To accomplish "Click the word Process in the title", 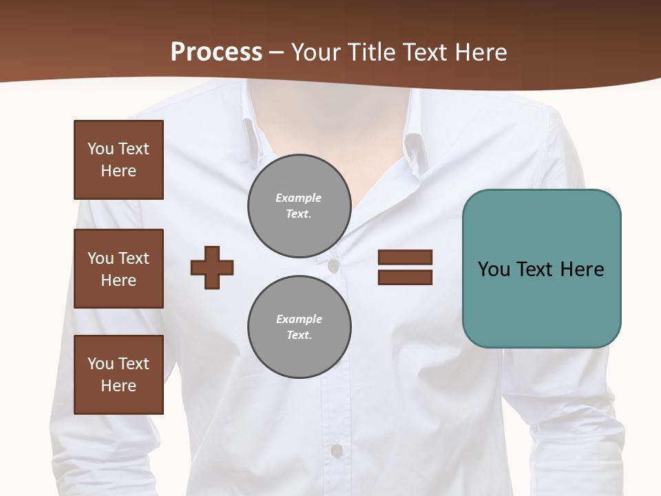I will point(216,52).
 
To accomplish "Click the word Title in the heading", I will point(372,52).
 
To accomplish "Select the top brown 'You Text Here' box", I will point(118,160).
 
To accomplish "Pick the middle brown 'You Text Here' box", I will point(118,269).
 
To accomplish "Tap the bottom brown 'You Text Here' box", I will point(118,375).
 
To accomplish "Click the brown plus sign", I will point(212,267).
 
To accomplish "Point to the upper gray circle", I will point(300,206).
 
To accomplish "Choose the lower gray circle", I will point(300,327).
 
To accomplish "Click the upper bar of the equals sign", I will point(405,258).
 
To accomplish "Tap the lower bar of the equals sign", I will point(405,277).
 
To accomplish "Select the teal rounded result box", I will point(541,269).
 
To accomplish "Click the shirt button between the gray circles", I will point(333,266).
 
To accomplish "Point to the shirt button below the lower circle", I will point(336,451).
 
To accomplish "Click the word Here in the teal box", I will point(582,269).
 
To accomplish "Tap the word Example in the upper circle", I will point(299,198).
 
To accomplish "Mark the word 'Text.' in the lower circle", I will point(299,335).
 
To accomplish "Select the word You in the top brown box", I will point(101,149).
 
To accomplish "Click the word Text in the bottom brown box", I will point(134,364).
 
